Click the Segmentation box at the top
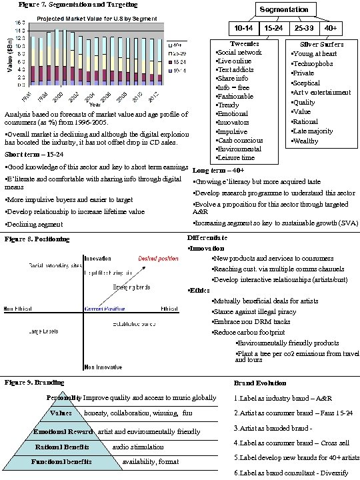(283, 10)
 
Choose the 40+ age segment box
(330, 29)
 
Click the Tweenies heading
(239, 43)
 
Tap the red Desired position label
(158, 259)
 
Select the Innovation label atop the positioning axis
(97, 258)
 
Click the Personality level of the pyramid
(64, 398)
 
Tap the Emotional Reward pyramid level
(64, 431)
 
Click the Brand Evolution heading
(260, 383)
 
